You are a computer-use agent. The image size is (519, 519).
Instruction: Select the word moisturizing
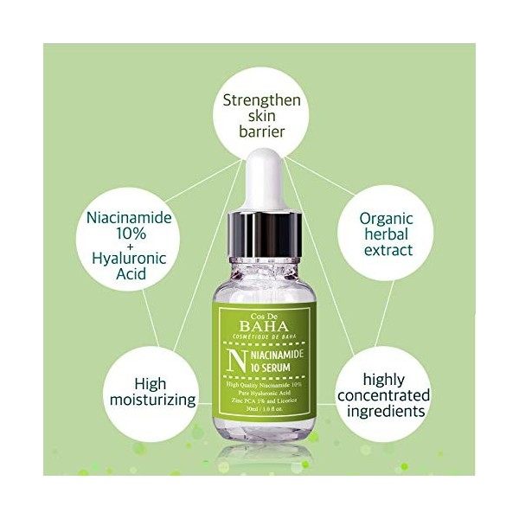tap(152, 400)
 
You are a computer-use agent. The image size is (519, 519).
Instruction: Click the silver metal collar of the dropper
tap(259, 239)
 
